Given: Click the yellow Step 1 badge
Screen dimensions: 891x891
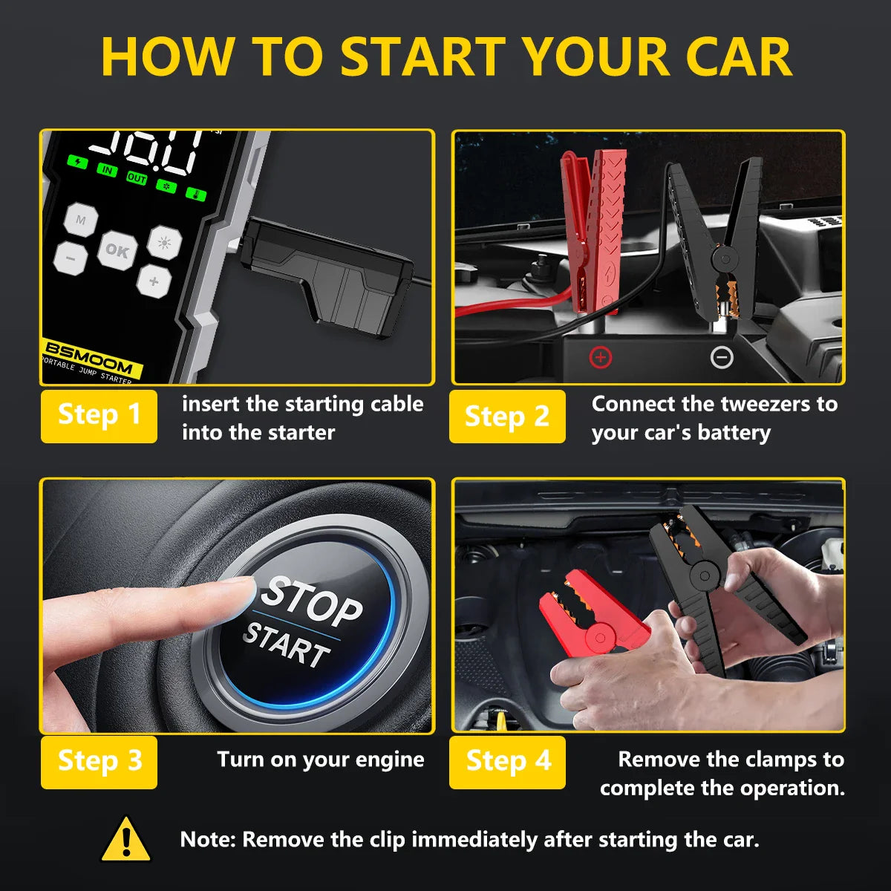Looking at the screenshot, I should pyautogui.click(x=99, y=416).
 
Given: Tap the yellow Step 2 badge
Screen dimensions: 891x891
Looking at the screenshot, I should pyautogui.click(x=507, y=416).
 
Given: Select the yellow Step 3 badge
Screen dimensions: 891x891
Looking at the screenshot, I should pyautogui.click(x=99, y=762).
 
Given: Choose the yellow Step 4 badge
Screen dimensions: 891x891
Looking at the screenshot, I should pyautogui.click(x=507, y=762).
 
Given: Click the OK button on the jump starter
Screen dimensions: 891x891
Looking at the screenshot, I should pyautogui.click(x=117, y=250).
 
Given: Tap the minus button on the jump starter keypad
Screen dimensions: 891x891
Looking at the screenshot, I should pyautogui.click(x=71, y=258).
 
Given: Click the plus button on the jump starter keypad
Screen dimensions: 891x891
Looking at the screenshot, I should pyautogui.click(x=154, y=281).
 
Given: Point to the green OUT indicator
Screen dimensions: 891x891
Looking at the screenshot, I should pyautogui.click(x=137, y=178).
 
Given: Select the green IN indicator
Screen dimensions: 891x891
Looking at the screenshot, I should pyautogui.click(x=108, y=170).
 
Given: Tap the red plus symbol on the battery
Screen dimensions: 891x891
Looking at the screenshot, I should pyautogui.click(x=600, y=358).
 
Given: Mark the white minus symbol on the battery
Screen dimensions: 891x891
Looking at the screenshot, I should pyautogui.click(x=722, y=358).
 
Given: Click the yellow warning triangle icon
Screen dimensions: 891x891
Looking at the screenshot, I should pyautogui.click(x=126, y=840).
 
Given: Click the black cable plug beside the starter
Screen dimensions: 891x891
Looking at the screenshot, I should pyautogui.click(x=327, y=275).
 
